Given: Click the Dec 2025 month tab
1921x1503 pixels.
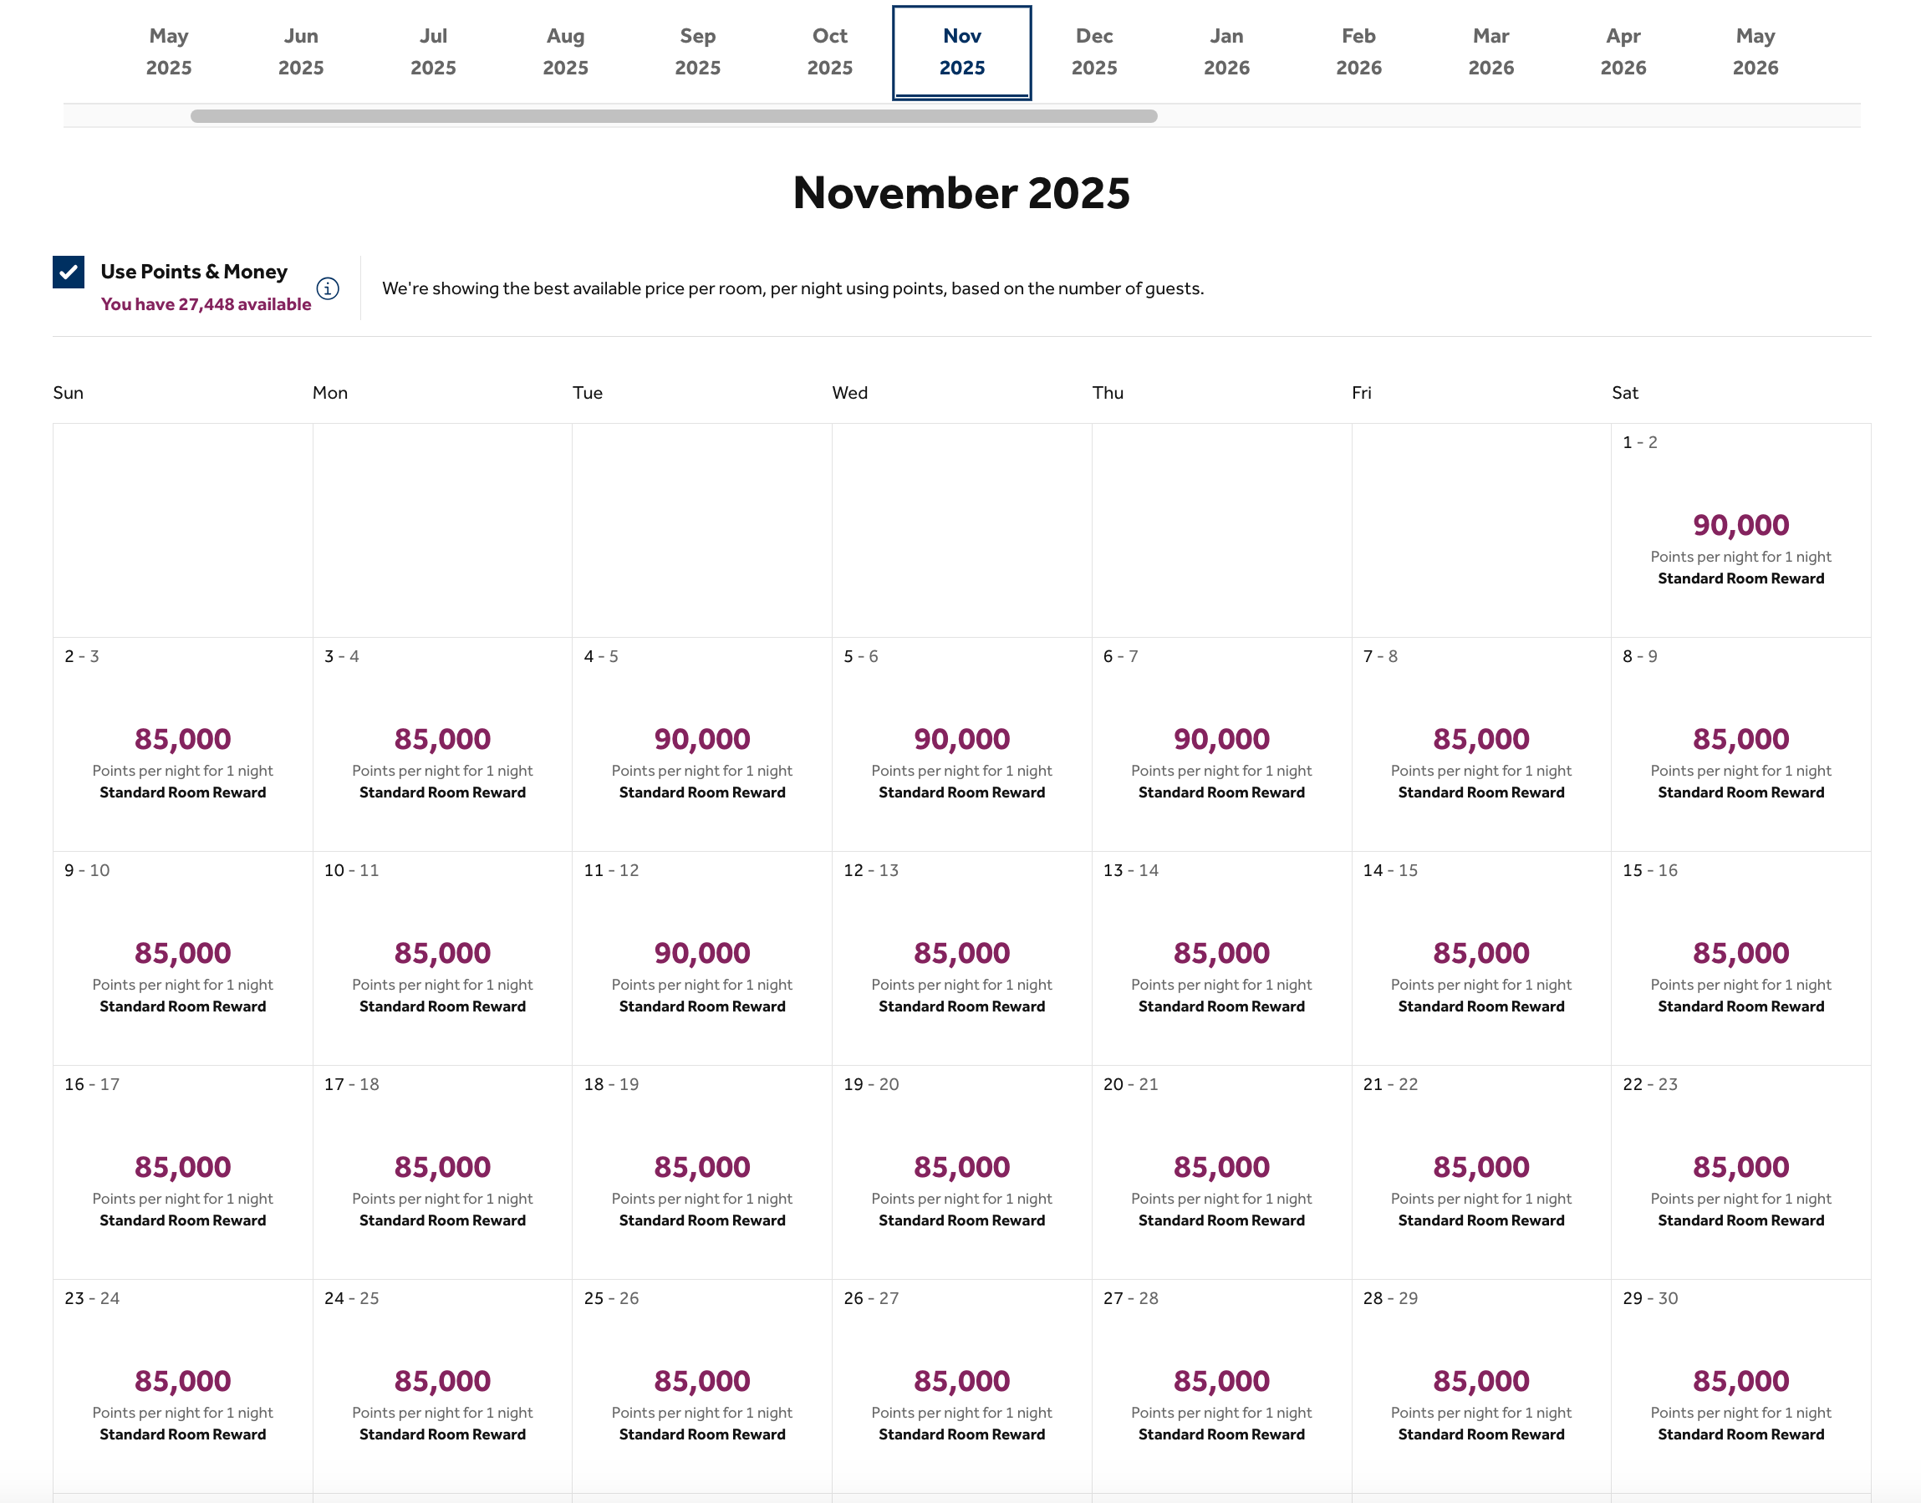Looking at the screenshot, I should pos(1093,52).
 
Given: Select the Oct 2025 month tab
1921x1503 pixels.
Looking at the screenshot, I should pos(829,52).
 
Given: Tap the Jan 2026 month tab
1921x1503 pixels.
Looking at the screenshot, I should pos(1225,52).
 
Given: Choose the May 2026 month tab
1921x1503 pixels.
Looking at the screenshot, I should pos(1755,52).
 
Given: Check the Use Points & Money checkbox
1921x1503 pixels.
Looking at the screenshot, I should pos(69,272).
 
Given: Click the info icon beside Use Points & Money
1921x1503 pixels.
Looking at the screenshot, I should pos(328,288).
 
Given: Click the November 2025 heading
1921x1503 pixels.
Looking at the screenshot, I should pos(961,193).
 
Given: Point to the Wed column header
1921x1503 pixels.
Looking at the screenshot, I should pos(849,393).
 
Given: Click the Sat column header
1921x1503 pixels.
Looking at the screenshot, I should pos(1624,393).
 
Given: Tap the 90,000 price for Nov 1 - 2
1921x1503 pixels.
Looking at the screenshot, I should pos(1740,525).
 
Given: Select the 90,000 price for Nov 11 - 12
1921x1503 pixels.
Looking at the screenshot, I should pos(701,953).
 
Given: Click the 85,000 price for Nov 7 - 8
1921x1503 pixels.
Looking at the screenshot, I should pos(1480,739).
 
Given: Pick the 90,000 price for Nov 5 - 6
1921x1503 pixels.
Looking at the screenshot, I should pos(961,739).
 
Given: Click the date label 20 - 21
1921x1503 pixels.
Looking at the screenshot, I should pos(1130,1084).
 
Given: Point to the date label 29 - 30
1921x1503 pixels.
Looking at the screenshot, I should pos(1649,1298).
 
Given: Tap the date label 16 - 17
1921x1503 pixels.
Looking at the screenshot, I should pos(91,1084).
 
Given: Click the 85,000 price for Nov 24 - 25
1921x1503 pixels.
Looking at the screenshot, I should pos(441,1381).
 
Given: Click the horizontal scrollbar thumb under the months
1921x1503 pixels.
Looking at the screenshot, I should pos(673,116).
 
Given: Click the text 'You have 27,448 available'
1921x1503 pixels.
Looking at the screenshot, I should pos(206,304).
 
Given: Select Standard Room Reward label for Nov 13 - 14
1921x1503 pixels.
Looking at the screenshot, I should pos(1220,1006).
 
